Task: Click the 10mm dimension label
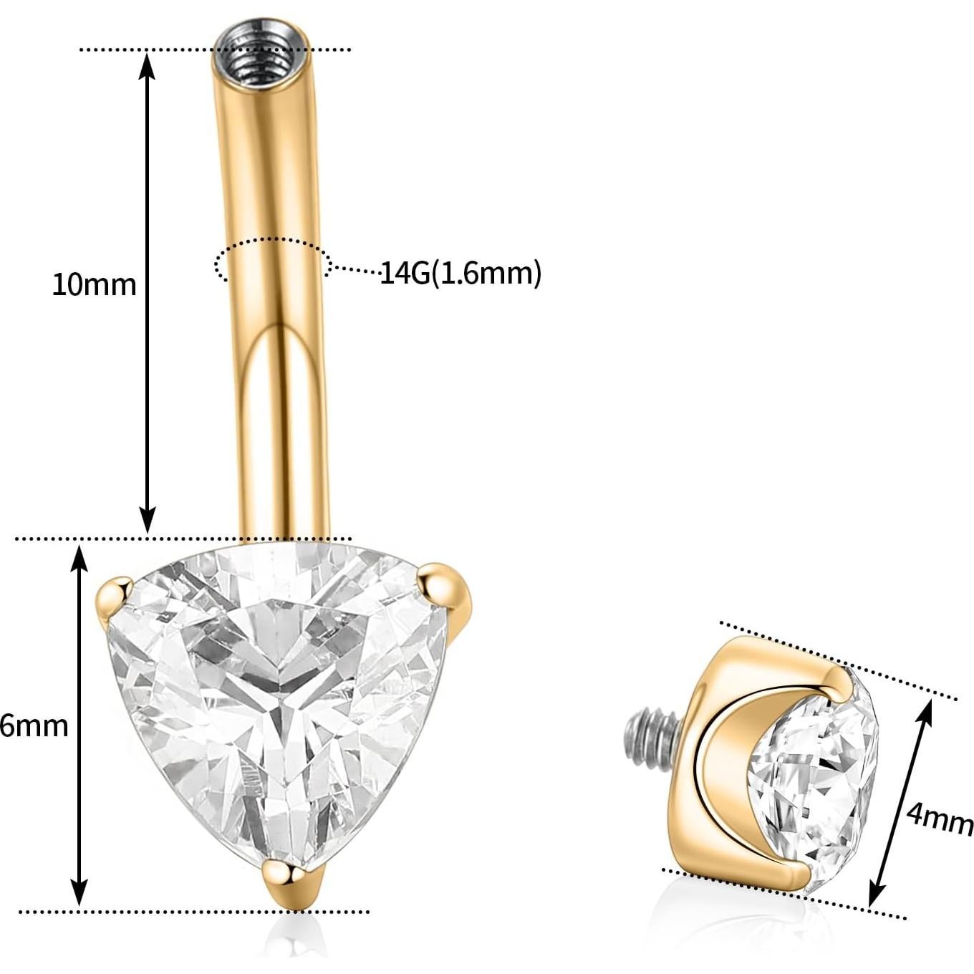pyautogui.click(x=93, y=285)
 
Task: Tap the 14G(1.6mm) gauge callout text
pyautogui.click(x=460, y=273)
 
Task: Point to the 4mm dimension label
pyautogui.click(x=939, y=818)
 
